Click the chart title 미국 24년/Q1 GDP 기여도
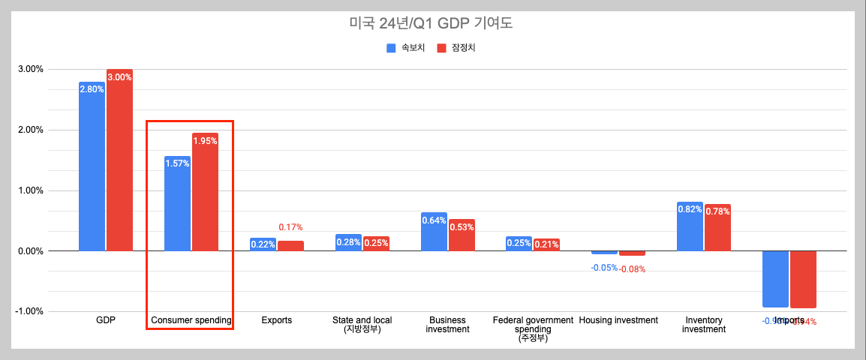(431, 23)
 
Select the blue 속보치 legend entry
(406, 48)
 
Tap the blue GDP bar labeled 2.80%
(92, 165)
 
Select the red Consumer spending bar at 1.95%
(205, 191)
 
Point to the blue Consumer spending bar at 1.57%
(177, 202)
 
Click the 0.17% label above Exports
(290, 227)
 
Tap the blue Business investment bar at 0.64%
(434, 232)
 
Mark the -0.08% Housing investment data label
(632, 269)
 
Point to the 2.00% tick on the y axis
(30, 130)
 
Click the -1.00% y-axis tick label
(29, 311)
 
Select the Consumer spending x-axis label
(191, 320)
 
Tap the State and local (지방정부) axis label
(362, 324)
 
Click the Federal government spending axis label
(533, 328)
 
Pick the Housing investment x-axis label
(618, 320)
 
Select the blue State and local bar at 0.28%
(348, 242)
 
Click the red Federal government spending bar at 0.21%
(546, 244)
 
